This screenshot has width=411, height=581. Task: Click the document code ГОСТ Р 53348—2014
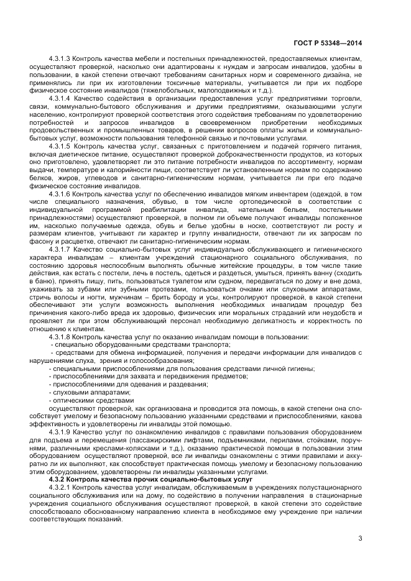[328, 43]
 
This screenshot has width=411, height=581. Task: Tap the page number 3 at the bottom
[360, 538]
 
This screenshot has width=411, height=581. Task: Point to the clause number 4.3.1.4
[59, 98]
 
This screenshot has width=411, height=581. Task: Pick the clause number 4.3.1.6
[59, 193]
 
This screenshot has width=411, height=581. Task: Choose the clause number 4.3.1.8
[59, 336]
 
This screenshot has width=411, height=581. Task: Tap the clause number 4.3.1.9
[59, 431]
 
